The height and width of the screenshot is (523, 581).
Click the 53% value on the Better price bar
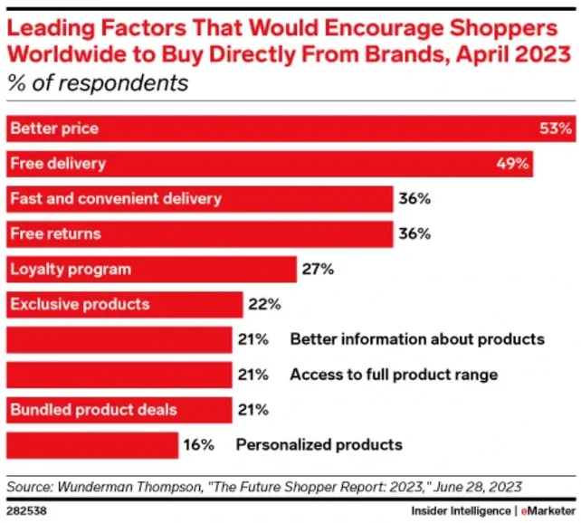(556, 128)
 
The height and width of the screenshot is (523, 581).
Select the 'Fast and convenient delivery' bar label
(116, 198)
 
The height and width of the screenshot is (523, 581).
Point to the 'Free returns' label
(55, 233)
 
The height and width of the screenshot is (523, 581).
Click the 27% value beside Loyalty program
(319, 269)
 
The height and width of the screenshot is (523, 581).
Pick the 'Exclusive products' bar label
(80, 304)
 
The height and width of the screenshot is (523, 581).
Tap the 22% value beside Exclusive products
(264, 304)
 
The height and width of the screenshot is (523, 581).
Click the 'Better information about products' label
(417, 339)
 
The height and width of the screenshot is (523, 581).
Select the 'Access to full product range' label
(394, 374)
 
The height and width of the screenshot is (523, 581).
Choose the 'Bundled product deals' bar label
(94, 409)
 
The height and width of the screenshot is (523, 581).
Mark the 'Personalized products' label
(319, 444)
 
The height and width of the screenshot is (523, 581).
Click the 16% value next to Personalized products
(200, 444)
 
